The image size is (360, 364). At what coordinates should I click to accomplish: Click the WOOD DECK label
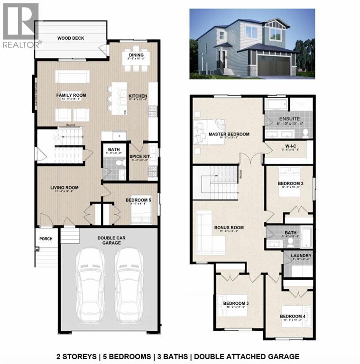[71, 38]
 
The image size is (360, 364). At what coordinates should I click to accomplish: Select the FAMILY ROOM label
[70, 95]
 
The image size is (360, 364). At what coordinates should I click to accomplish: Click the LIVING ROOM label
[65, 188]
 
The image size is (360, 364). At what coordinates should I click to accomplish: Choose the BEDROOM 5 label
[138, 200]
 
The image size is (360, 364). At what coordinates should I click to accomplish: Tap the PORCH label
[46, 238]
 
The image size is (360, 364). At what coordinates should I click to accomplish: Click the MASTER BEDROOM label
[229, 134]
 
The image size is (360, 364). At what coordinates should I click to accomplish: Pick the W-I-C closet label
[288, 147]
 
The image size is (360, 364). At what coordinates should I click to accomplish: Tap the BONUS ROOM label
[229, 227]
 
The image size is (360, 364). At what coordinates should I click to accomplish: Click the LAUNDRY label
[298, 256]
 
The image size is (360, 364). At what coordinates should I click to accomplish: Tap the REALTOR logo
[20, 26]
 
